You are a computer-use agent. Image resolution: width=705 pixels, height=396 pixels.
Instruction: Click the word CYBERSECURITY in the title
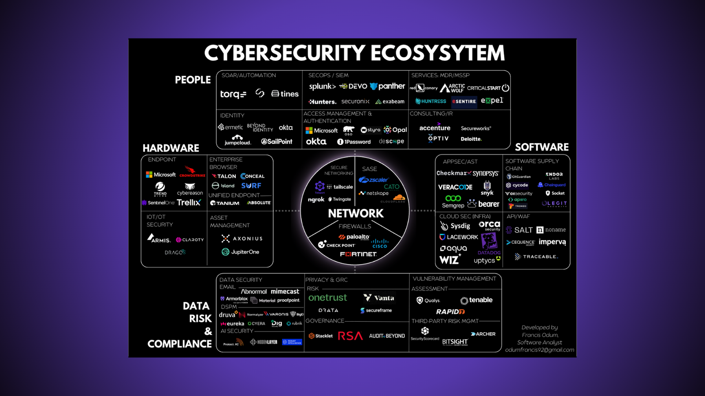(284, 54)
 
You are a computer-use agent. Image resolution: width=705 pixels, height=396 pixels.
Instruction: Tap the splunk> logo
(322, 87)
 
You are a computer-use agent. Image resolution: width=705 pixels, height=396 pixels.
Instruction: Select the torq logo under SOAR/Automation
(233, 94)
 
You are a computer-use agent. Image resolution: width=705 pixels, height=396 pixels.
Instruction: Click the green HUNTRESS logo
(431, 101)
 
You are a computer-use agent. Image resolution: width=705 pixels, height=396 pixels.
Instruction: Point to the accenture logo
(435, 128)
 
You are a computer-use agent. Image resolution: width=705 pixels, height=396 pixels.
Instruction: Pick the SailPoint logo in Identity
(277, 142)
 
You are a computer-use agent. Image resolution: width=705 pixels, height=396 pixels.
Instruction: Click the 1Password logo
(354, 142)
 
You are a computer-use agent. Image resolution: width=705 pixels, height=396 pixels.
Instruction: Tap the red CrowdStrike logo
(192, 172)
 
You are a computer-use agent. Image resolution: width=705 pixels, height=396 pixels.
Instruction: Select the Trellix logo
(189, 202)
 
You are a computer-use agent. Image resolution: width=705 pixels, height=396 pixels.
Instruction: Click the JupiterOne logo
(240, 252)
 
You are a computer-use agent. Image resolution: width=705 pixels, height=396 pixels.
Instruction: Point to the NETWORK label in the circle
(356, 214)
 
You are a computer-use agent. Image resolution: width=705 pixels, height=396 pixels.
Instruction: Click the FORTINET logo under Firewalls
(358, 254)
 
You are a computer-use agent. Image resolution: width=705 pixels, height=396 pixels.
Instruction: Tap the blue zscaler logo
(373, 180)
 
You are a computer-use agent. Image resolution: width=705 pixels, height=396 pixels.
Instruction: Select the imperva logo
(552, 242)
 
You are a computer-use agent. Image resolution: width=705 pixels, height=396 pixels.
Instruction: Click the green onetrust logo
(327, 298)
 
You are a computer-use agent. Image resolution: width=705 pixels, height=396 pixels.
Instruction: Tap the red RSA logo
(350, 336)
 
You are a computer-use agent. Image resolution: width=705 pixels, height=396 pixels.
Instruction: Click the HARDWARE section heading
(171, 148)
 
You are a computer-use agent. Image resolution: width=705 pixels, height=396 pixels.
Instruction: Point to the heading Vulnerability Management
(454, 279)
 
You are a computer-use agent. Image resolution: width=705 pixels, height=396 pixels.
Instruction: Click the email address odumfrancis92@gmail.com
(539, 350)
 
